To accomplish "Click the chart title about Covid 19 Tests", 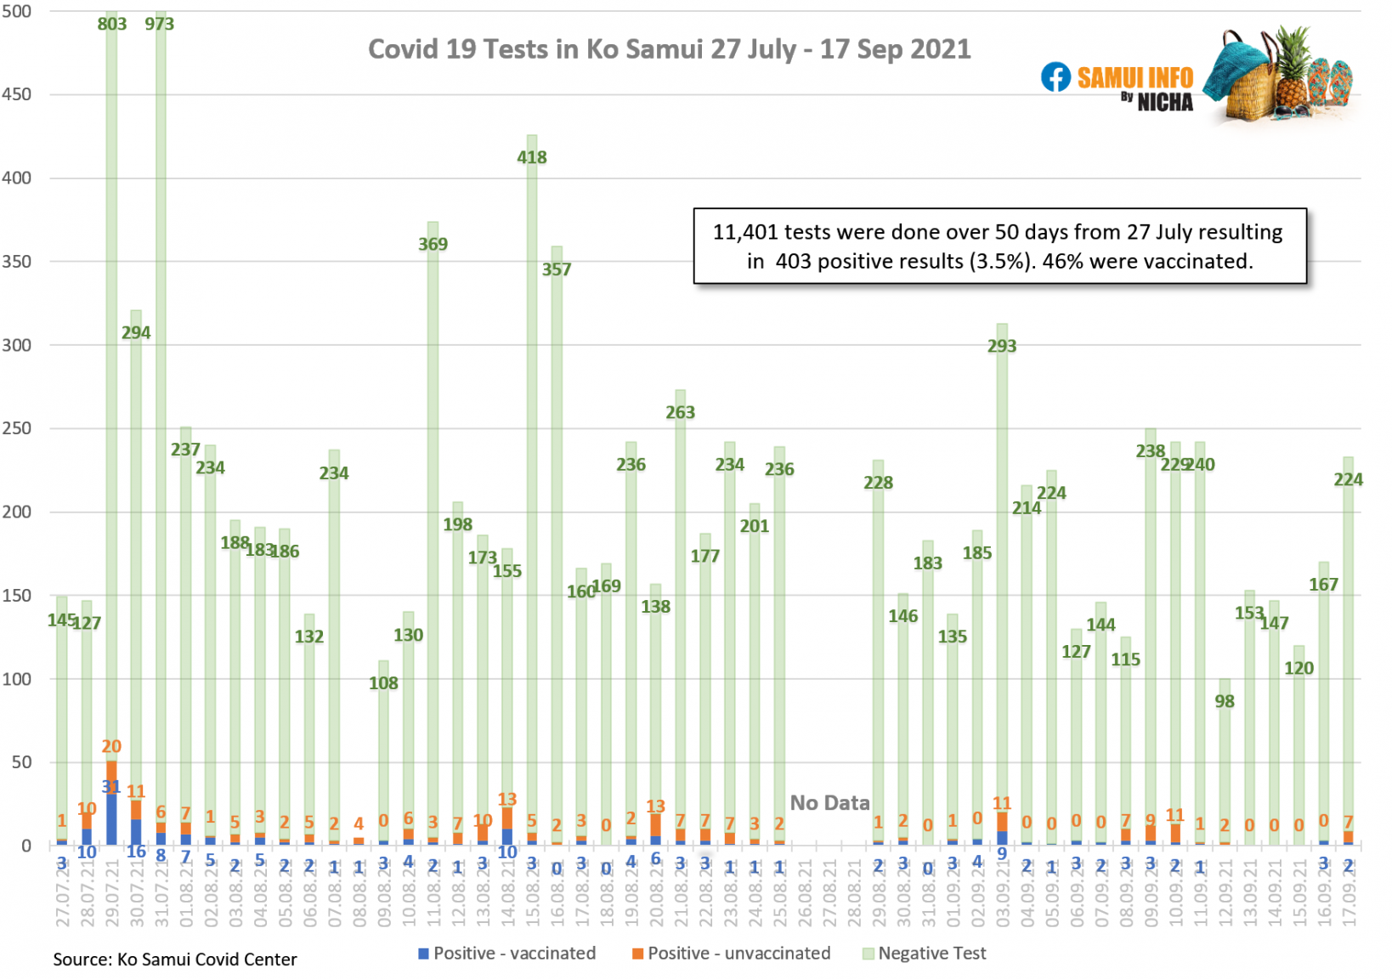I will tap(669, 49).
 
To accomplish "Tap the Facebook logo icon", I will tap(1055, 77).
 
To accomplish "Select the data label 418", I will tap(532, 157).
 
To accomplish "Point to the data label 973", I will tap(159, 24).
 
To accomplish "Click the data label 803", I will tap(111, 24).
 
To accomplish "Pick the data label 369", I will tap(433, 244).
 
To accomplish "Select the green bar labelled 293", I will tap(1002, 510).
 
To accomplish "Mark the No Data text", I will tap(829, 803).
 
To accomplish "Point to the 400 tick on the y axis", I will tap(16, 178).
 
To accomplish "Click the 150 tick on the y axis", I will tap(16, 596).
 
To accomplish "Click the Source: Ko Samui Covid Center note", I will tap(175, 959).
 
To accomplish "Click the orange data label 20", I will tap(111, 746).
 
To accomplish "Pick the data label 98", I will tap(1225, 701).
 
